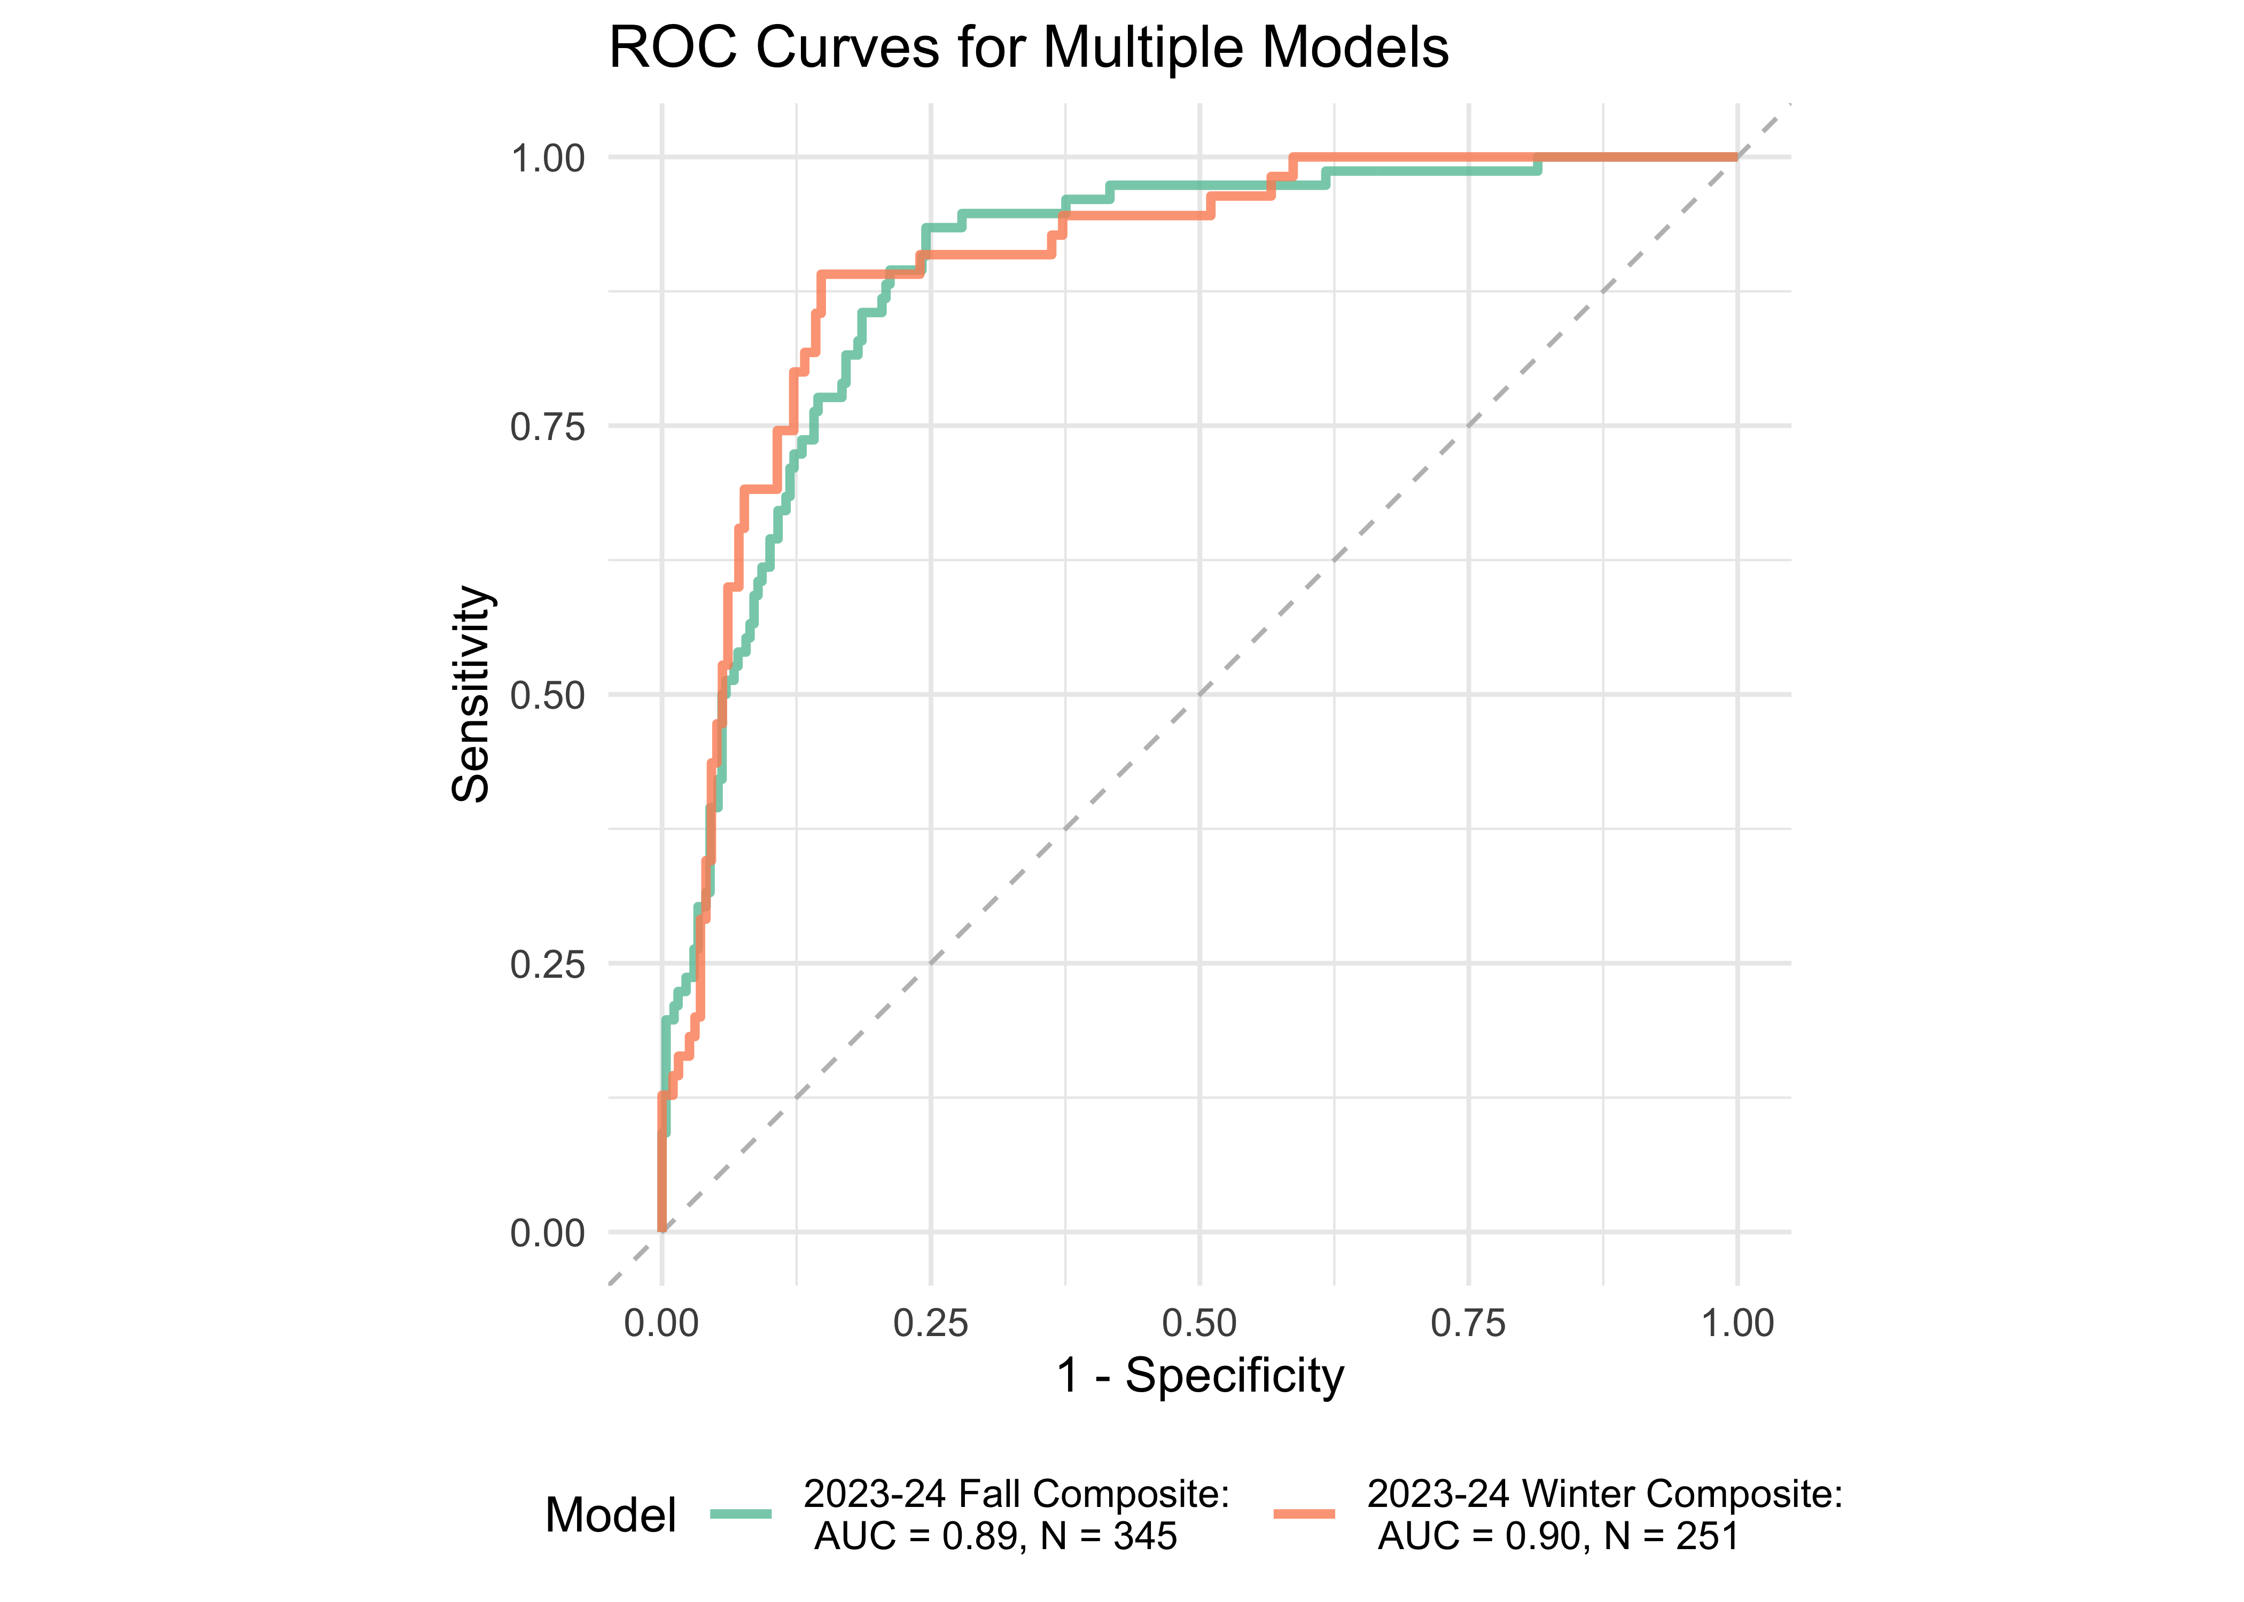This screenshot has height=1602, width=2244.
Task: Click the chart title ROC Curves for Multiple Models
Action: (x=1028, y=48)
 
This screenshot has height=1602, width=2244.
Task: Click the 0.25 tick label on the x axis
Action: (x=931, y=1323)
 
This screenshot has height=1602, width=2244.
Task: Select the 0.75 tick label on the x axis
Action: (x=1468, y=1323)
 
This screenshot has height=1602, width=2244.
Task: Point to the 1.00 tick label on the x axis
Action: (x=1737, y=1323)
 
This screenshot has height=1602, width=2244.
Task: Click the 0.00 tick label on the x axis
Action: (x=661, y=1323)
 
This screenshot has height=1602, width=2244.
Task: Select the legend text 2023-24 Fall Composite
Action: (x=1016, y=1495)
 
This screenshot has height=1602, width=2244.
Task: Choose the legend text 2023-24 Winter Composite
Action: (x=1604, y=1495)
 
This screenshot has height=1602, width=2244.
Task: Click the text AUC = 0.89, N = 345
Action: (x=996, y=1536)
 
